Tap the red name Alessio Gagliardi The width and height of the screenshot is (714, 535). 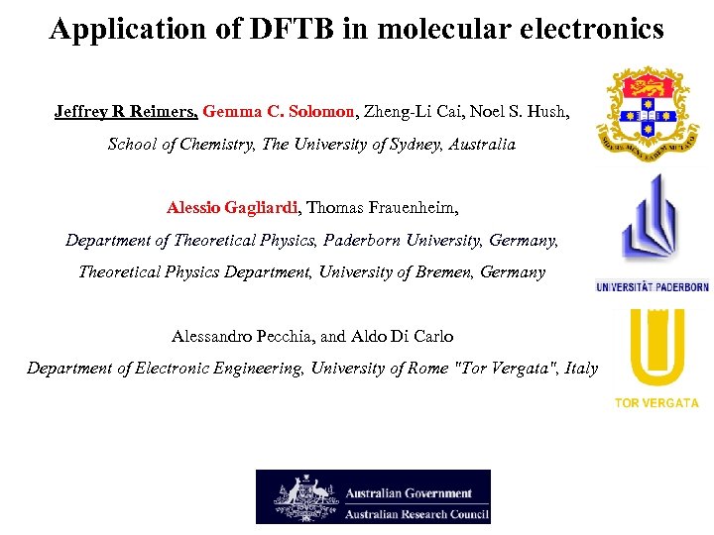click(232, 207)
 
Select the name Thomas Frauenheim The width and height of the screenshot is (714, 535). click(382, 207)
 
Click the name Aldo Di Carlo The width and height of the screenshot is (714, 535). click(407, 335)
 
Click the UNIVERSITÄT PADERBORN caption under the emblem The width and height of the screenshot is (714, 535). click(652, 287)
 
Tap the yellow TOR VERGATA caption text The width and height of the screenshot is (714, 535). click(656, 402)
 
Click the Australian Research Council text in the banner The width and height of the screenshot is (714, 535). click(416, 511)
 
